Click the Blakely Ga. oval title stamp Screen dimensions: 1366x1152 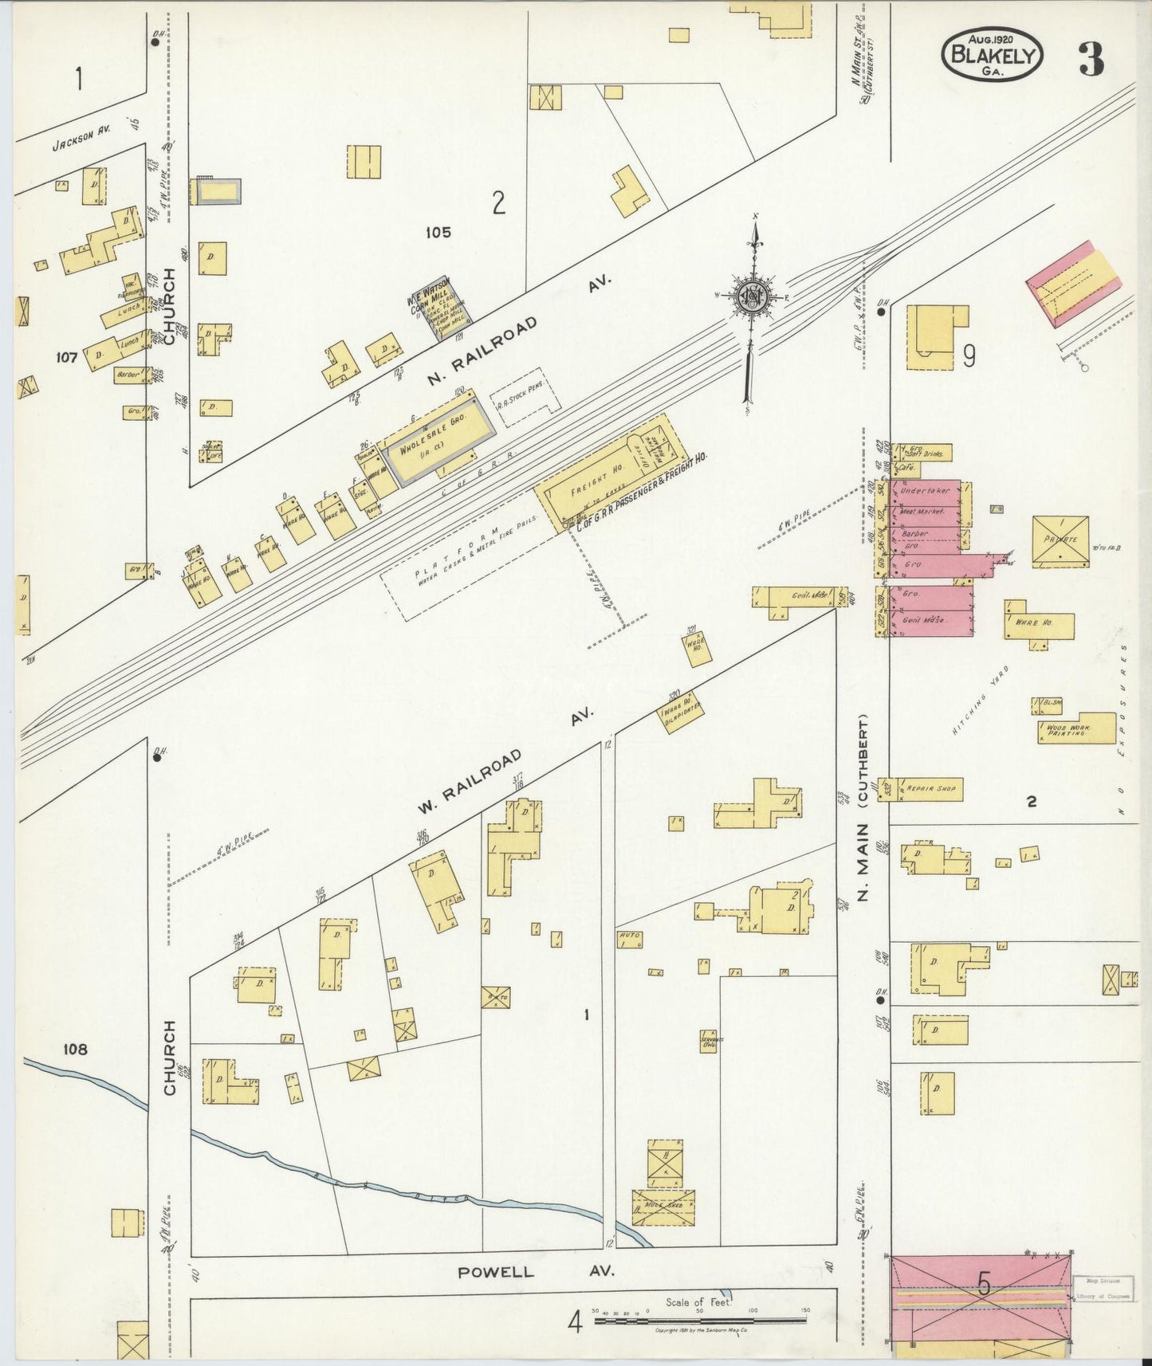click(x=992, y=55)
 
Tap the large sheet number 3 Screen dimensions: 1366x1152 click(x=1091, y=60)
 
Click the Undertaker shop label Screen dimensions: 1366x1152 click(x=926, y=491)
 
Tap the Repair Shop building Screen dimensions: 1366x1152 click(x=929, y=789)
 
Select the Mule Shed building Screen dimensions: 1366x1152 click(x=662, y=1206)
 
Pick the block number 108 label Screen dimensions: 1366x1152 click(x=77, y=1050)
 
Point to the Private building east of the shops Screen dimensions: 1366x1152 click(x=1061, y=541)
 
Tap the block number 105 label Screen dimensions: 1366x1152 click(x=438, y=233)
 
